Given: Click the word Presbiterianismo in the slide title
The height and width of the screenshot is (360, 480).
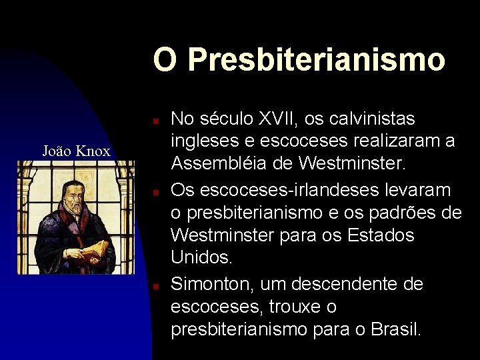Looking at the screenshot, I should [x=317, y=59].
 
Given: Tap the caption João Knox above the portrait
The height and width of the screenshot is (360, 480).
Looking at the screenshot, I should [x=76, y=151].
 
